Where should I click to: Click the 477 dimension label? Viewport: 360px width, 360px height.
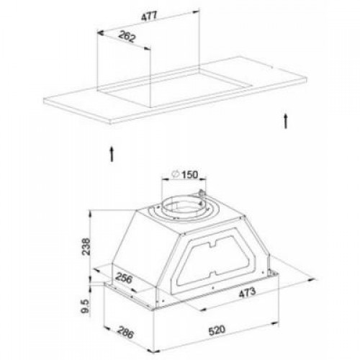click(149, 17)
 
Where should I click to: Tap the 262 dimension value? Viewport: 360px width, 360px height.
click(127, 37)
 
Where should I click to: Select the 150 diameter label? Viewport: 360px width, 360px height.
click(189, 174)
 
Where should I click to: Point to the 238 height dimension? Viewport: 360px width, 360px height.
click(86, 246)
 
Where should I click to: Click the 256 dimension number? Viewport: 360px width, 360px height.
click(124, 278)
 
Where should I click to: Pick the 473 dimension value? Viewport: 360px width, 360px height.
click(247, 292)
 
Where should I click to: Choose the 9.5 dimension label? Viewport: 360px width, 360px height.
click(85, 306)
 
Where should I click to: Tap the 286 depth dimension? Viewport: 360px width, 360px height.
click(125, 333)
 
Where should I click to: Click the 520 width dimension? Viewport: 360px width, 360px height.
click(217, 330)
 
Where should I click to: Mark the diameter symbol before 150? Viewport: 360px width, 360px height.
click(176, 174)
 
